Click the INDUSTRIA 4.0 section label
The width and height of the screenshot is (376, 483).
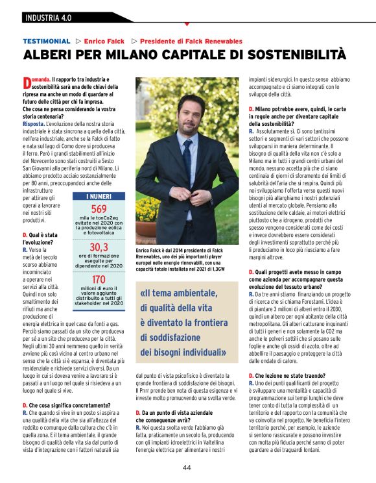click(49, 16)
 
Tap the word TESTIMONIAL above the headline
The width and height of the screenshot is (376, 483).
click(46, 41)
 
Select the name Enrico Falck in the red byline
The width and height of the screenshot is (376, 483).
click(104, 41)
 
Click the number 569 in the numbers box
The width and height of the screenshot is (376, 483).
click(99, 209)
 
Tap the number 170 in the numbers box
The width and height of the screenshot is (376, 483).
click(99, 279)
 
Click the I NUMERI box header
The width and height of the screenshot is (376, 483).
click(99, 195)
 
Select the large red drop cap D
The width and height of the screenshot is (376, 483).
click(27, 82)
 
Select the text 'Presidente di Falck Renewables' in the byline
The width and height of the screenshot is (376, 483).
click(191, 41)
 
